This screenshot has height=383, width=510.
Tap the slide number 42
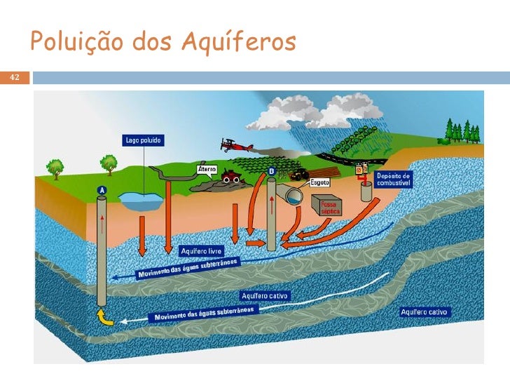(15, 77)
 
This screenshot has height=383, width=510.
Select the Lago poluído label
(144, 140)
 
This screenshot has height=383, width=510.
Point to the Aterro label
(207, 170)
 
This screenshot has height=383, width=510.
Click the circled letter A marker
(102, 190)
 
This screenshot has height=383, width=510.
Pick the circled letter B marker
(271, 170)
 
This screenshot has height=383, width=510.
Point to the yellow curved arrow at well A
(104, 316)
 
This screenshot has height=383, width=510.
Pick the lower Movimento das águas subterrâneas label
(207, 314)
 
